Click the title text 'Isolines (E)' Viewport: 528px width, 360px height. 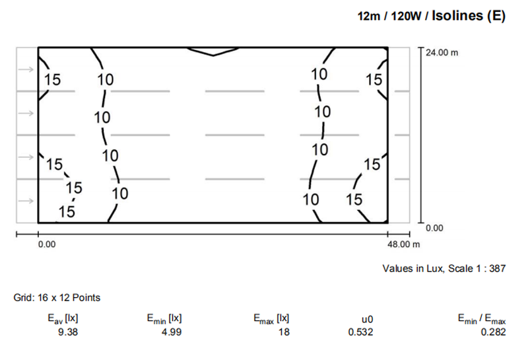pyautogui.click(x=469, y=16)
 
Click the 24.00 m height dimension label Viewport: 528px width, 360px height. pyautogui.click(x=442, y=53)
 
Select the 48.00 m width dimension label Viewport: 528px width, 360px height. pyautogui.click(x=403, y=244)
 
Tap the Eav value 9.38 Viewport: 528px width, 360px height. pyautogui.click(x=68, y=332)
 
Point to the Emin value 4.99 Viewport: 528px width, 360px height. pyautogui.click(x=172, y=332)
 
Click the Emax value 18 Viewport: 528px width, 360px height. pyautogui.click(x=284, y=332)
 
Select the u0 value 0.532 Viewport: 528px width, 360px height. pyautogui.click(x=360, y=332)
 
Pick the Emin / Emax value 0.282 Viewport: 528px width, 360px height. pyautogui.click(x=493, y=332)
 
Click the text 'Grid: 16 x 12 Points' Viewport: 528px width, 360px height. pyautogui.click(x=57, y=298)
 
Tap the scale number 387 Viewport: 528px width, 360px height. pyautogui.click(x=498, y=269)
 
